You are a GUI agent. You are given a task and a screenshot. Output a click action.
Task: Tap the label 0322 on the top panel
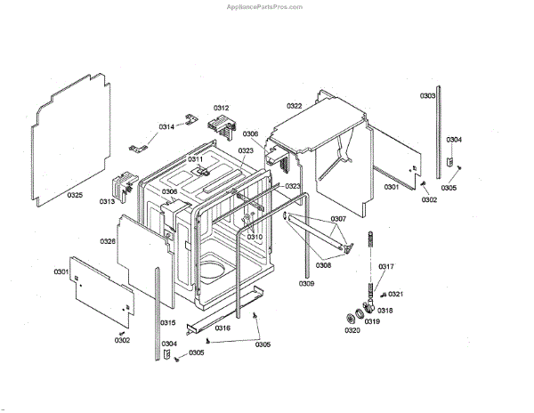click(295, 106)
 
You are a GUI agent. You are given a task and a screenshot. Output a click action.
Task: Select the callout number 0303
click(428, 95)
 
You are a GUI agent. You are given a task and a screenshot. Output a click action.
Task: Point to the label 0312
click(221, 108)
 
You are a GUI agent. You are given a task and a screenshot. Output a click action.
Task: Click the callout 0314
click(167, 127)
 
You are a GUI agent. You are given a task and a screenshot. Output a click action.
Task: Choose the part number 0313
click(108, 202)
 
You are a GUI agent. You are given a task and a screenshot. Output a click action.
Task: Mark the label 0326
click(108, 241)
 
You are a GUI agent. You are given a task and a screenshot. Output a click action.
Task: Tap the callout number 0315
click(167, 322)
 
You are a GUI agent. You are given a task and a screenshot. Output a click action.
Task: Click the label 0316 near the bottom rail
click(222, 328)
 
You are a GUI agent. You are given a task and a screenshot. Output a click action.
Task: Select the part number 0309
click(306, 283)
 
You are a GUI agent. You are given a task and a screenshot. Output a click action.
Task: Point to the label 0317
click(386, 267)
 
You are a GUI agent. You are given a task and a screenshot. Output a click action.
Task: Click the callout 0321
click(396, 294)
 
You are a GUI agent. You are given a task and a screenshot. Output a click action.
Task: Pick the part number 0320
click(352, 331)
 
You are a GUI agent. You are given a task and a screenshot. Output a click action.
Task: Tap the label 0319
click(371, 321)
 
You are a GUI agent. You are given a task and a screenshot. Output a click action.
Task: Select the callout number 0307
click(338, 219)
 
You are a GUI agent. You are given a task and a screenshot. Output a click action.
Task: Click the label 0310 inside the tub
click(255, 237)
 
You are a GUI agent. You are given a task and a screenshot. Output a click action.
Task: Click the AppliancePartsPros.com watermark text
click(267, 5)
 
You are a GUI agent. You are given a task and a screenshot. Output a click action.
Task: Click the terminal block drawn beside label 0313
click(121, 186)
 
